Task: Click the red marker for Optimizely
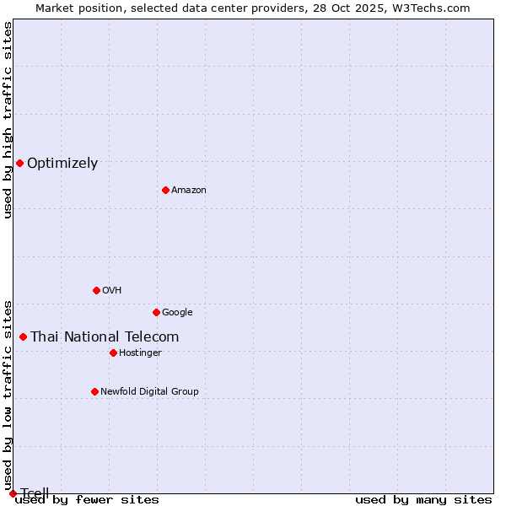point(19,163)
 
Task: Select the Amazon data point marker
point(165,190)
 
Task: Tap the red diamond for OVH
point(96,290)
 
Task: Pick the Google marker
point(156,312)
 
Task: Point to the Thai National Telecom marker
point(23,336)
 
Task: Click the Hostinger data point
point(113,353)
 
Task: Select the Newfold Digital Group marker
point(94,391)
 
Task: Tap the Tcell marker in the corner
point(13,493)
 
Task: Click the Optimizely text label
point(62,164)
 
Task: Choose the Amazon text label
point(188,191)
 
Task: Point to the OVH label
point(111,291)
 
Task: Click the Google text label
point(177,313)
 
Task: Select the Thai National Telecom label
point(105,337)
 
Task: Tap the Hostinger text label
point(140,353)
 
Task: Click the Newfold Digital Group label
point(149,392)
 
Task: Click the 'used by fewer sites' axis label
point(87,500)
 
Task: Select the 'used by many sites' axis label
point(423,500)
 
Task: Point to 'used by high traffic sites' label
point(8,120)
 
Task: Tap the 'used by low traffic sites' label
point(8,395)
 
